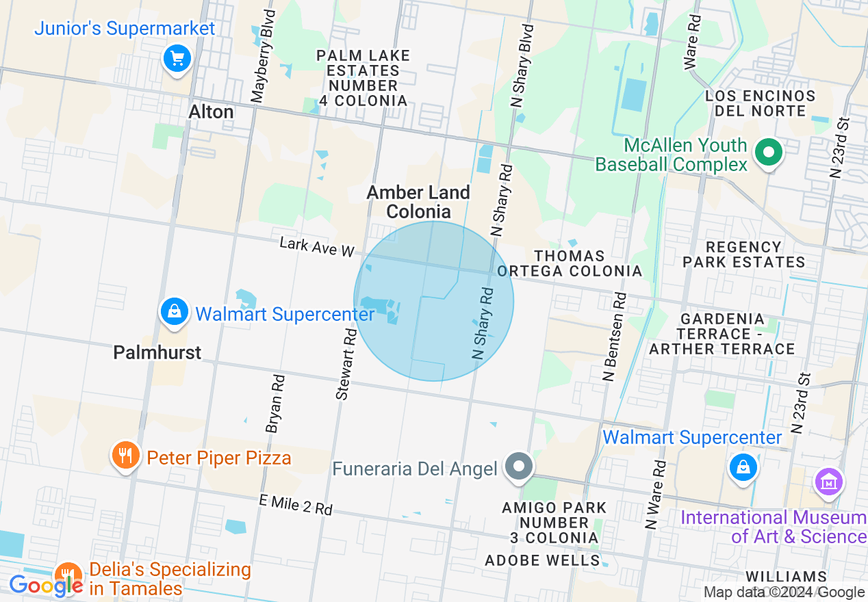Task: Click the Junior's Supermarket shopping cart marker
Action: point(178,59)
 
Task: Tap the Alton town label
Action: point(211,112)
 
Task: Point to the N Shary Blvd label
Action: point(522,66)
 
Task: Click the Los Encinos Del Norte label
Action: point(760,103)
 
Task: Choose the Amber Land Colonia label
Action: point(418,202)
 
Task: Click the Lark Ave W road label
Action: point(316,248)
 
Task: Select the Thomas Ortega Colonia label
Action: point(570,263)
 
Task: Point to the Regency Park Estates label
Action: point(743,254)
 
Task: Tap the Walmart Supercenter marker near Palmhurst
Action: point(175,312)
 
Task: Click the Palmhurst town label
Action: point(157,352)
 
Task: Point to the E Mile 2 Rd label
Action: point(296,506)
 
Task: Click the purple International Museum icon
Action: point(829,482)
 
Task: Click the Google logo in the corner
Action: point(46,586)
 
